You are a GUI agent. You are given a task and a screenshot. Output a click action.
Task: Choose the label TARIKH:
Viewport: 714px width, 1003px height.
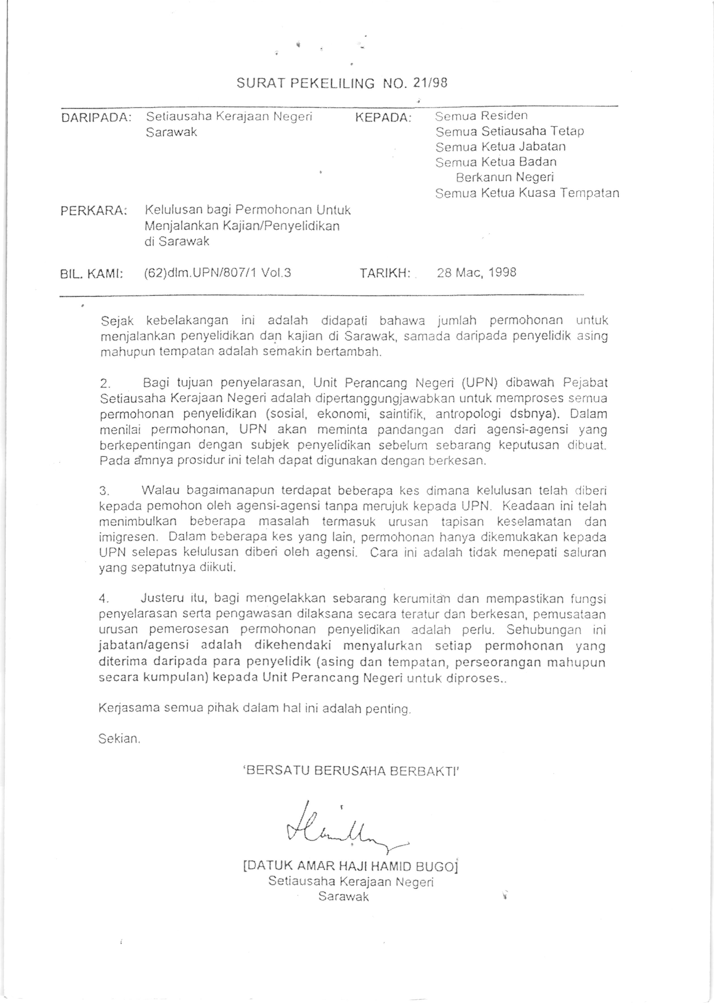pyautogui.click(x=385, y=273)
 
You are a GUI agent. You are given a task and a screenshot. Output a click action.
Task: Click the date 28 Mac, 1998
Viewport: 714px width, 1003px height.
pyautogui.click(x=477, y=273)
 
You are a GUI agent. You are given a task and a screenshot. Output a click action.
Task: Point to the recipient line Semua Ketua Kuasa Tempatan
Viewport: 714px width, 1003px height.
pyautogui.click(x=527, y=193)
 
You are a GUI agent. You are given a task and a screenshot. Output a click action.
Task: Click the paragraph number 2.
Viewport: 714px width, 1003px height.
pyautogui.click(x=105, y=384)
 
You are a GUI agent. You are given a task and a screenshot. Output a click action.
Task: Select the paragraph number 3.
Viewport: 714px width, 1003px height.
pyautogui.click(x=104, y=491)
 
